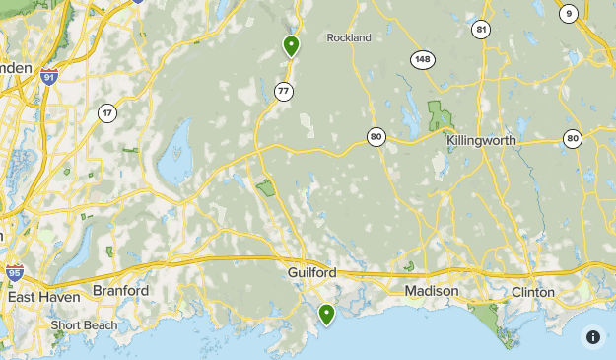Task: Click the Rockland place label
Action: [350, 37]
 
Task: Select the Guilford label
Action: [313, 272]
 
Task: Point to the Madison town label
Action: [432, 292]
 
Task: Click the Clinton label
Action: [533, 293]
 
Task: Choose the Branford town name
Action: [120, 291]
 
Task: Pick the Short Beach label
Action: [85, 325]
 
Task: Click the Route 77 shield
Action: [284, 92]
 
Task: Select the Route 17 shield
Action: [106, 113]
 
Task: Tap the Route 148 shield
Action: [423, 60]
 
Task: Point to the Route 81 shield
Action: [481, 29]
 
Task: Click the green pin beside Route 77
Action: [291, 45]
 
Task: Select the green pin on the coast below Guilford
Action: [326, 314]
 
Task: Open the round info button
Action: [593, 337]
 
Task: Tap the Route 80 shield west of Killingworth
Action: [376, 137]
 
